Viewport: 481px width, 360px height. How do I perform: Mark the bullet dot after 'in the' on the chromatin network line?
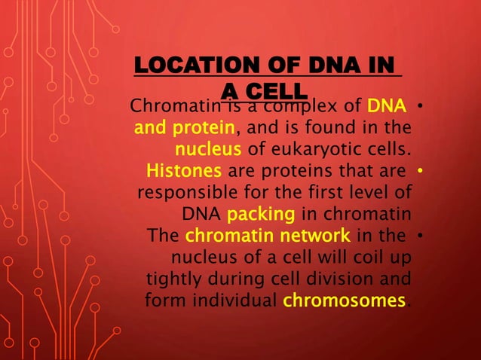click(421, 236)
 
